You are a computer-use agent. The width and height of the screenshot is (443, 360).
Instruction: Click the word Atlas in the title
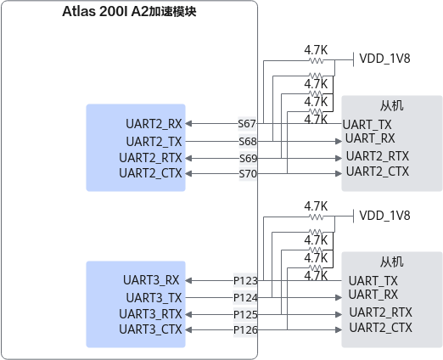79,12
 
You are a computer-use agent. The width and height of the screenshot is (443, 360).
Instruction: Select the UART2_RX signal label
154,124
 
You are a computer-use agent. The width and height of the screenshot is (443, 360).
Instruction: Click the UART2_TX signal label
154,142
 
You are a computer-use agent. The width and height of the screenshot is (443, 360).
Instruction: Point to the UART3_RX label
151,280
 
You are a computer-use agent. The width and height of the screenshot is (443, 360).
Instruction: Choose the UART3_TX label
154,298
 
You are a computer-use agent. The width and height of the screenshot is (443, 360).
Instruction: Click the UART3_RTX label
150,314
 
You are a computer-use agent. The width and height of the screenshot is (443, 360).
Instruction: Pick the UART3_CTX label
150,329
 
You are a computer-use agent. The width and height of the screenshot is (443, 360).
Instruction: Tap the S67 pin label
247,124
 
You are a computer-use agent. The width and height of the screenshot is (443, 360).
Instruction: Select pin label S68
248,141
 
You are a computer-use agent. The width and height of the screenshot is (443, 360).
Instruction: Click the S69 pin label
248,158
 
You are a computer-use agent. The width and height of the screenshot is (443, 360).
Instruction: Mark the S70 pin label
248,174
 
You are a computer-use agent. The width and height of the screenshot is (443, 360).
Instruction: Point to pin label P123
245,281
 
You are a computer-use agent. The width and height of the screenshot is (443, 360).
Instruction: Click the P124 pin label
245,298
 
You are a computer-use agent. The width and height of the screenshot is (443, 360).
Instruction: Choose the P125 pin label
245,314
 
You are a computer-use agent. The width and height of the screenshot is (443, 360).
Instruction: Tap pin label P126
245,329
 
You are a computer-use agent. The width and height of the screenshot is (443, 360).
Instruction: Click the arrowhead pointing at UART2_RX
188,124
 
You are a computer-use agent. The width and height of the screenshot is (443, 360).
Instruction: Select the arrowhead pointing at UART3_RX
188,281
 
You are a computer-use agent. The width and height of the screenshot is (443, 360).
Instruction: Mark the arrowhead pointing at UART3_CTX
188,329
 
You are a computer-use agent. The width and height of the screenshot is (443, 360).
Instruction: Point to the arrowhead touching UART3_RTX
188,314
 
